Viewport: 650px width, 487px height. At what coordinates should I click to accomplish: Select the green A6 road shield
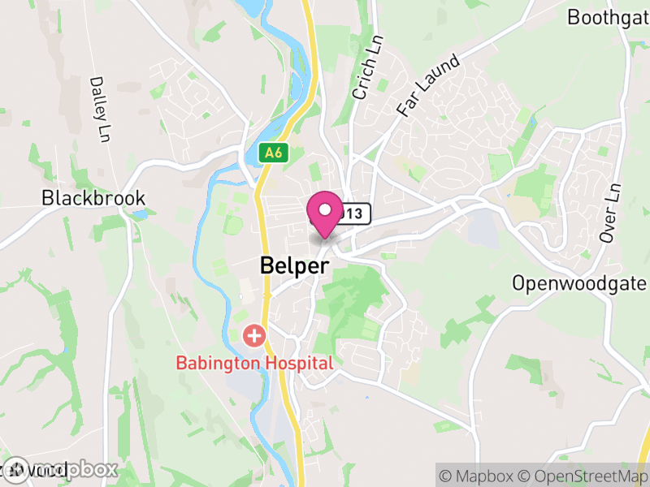coord(273,152)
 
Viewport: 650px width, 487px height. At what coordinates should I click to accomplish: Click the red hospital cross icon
coord(255,334)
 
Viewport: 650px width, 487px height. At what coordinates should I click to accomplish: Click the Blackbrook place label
coord(93,197)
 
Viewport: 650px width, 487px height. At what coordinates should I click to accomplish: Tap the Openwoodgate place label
coord(579,283)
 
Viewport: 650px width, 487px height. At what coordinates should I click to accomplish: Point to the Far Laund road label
coord(428,84)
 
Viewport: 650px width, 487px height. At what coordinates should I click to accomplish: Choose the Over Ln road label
coord(609,212)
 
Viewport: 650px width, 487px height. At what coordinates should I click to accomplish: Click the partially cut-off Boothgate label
coord(608,17)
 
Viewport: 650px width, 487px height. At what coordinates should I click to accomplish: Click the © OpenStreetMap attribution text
coord(584,473)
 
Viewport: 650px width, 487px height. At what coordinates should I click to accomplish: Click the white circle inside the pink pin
coord(325,210)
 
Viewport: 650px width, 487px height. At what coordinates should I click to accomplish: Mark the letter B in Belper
coord(266,265)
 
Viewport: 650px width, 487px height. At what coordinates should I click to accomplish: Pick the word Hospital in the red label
coord(302,363)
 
